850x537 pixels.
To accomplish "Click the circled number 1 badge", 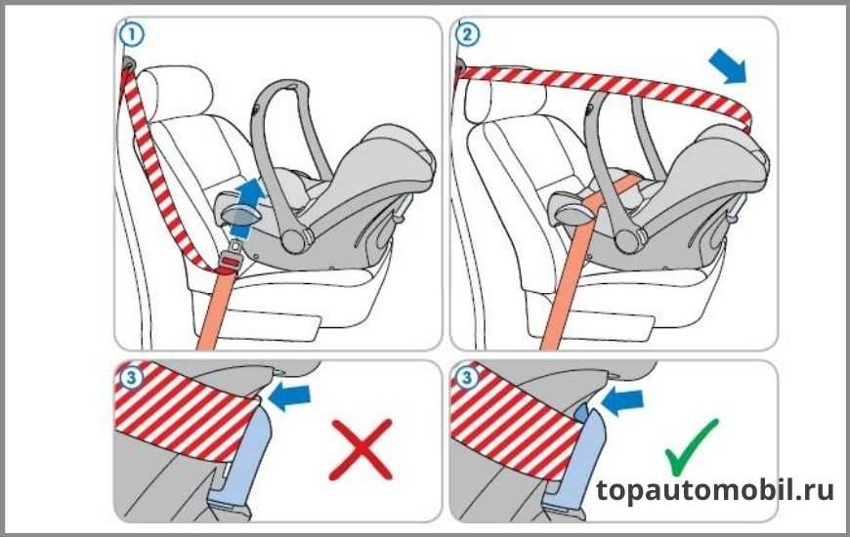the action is (x=131, y=35).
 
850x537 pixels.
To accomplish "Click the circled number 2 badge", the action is (x=467, y=35).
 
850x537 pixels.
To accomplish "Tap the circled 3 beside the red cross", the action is (x=131, y=378).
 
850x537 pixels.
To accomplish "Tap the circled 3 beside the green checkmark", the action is (x=467, y=378).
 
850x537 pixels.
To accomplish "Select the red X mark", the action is (x=361, y=449).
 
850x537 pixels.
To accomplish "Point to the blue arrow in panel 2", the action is (x=728, y=66).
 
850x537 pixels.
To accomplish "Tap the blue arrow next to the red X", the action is (x=289, y=397).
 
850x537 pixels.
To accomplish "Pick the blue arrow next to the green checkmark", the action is (x=623, y=401).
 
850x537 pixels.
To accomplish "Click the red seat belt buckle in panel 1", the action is (x=230, y=263).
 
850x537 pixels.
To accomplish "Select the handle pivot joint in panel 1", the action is (x=295, y=240).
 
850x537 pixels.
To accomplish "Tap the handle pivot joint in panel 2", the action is (x=629, y=240).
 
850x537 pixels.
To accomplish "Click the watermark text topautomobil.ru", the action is (x=714, y=491).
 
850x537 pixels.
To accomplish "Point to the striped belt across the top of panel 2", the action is (x=605, y=86).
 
